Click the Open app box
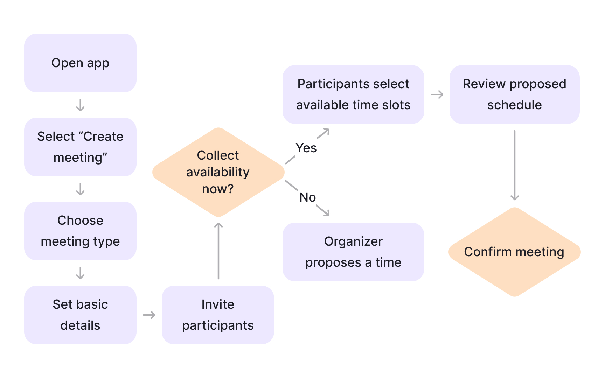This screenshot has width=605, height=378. tap(80, 63)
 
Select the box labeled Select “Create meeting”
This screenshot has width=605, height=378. tap(80, 147)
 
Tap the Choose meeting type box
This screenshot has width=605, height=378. tap(80, 231)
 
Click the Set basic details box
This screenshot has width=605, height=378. tap(80, 315)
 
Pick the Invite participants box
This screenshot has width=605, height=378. tap(218, 315)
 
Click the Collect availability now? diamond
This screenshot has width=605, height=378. tap(218, 172)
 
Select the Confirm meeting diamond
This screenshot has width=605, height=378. tap(514, 252)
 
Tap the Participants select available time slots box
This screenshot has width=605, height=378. tap(353, 94)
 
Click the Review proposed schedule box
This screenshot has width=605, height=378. tap(514, 94)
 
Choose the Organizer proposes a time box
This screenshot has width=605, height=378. tap(353, 252)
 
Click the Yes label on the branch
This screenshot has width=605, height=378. tap(306, 148)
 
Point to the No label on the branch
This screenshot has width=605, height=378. tap(307, 197)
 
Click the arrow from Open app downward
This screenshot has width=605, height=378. tap(80, 105)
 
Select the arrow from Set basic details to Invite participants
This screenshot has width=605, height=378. tap(149, 315)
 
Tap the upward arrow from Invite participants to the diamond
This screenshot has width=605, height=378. tap(218, 251)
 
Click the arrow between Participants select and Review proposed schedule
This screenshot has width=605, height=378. tap(437, 94)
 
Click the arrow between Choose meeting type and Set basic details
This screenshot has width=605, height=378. tap(80, 273)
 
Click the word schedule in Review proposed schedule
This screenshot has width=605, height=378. tap(514, 105)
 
